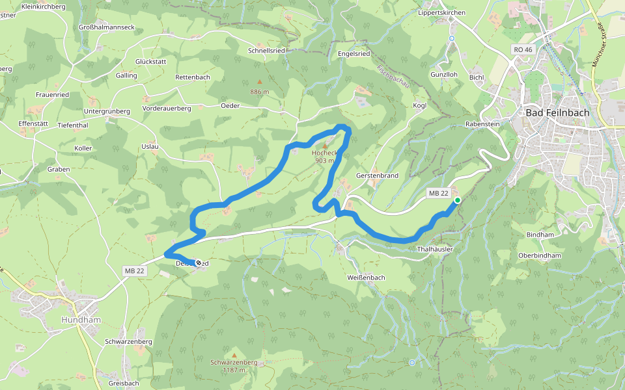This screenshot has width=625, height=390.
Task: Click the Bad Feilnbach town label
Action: click(x=557, y=112)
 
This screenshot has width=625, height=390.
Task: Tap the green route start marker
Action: click(x=458, y=200)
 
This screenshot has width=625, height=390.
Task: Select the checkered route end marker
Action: click(x=198, y=263)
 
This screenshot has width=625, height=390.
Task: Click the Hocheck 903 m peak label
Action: click(x=324, y=157)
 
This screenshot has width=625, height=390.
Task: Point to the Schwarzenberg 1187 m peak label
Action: click(x=234, y=366)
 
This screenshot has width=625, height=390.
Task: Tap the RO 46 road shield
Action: click(x=522, y=50)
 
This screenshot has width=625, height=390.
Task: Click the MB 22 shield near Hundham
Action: click(x=133, y=270)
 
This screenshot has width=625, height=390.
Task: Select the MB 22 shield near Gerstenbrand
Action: click(x=438, y=194)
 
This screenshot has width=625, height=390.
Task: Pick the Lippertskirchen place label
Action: click(x=442, y=12)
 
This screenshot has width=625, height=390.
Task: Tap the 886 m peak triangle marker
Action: click(x=259, y=82)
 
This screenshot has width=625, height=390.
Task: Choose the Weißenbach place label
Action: click(x=367, y=278)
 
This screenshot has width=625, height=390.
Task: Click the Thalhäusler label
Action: click(x=434, y=249)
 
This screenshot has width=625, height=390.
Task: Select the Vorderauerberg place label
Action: click(x=167, y=109)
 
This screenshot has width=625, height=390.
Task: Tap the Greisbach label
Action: click(x=124, y=383)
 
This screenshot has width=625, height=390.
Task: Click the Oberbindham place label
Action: click(x=540, y=255)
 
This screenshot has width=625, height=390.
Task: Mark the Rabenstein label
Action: click(x=482, y=123)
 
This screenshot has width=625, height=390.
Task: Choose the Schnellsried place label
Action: click(x=267, y=50)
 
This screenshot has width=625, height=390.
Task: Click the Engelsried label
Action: click(x=354, y=53)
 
